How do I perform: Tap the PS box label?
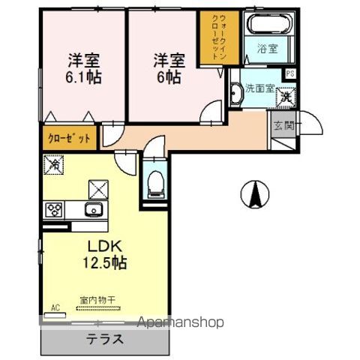(x=289, y=74)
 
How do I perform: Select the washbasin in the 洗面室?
(x=238, y=93)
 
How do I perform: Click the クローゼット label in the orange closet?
(x=70, y=139)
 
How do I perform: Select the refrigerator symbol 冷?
(x=54, y=162)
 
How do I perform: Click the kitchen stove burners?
(x=55, y=210)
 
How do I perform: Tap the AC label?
(x=55, y=307)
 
